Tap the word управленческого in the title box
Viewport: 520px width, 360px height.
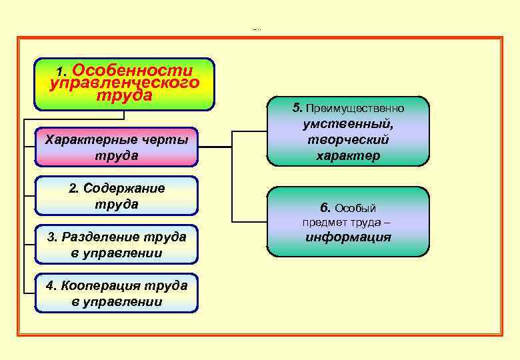tap(125, 83)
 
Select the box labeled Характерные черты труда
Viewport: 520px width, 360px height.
tap(117, 147)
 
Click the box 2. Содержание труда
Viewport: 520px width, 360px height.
tap(117, 196)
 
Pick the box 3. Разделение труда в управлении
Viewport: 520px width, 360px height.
tap(117, 245)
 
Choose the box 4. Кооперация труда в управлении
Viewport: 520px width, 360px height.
tap(117, 293)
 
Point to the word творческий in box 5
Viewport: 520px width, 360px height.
tap(348, 140)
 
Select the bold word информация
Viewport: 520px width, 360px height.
tap(348, 237)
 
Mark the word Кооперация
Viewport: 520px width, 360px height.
tap(102, 286)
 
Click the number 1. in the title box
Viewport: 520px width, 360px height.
tap(61, 71)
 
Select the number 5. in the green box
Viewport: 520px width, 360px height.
tap(297, 107)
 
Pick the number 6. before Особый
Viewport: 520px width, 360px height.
tap(325, 208)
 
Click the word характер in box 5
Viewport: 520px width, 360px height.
tap(348, 156)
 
